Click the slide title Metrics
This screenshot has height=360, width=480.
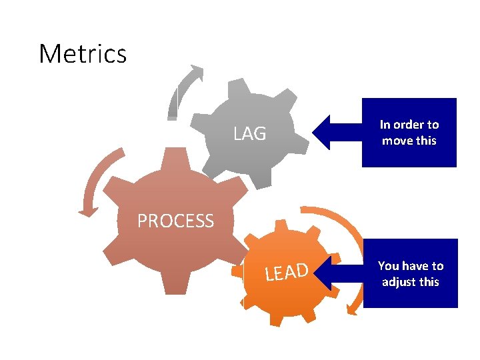click(83, 53)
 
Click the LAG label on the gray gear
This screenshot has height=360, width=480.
click(250, 134)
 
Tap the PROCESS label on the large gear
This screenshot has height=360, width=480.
click(175, 221)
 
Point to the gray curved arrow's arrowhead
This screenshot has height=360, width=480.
click(196, 71)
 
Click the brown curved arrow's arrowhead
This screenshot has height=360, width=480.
click(87, 211)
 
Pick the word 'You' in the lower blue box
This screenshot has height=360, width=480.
click(388, 265)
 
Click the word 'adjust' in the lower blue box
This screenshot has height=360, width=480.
click(399, 281)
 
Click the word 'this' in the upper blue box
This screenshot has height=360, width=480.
click(426, 141)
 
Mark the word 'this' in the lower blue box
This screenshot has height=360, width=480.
click(429, 281)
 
